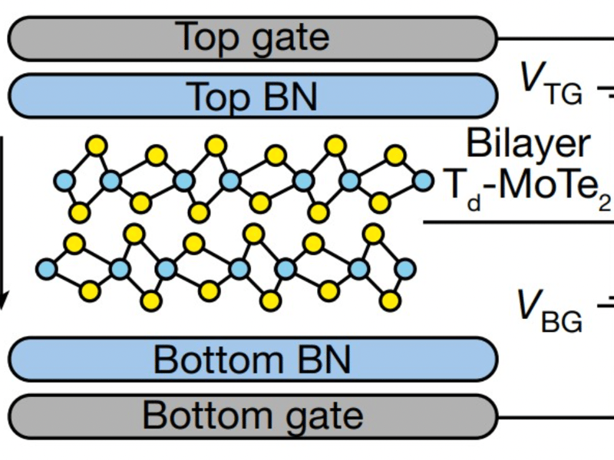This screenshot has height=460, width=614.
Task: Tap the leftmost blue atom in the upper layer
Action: click(64, 182)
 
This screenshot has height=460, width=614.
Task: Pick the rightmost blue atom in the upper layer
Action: click(422, 181)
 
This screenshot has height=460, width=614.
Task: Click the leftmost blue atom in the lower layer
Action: click(47, 269)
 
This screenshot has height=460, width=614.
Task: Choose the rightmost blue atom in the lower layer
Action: click(406, 268)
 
